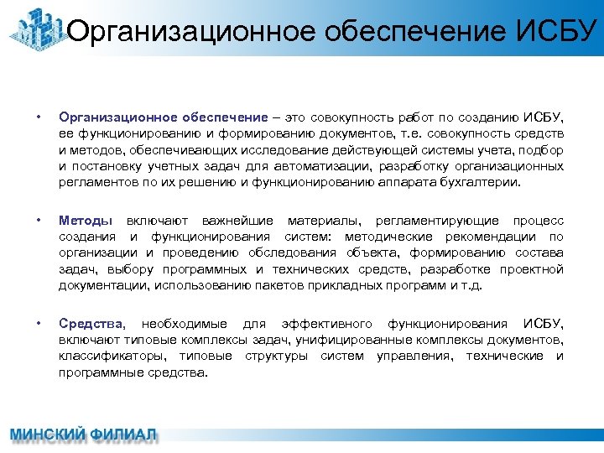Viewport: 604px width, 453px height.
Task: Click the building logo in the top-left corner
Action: point(35,29)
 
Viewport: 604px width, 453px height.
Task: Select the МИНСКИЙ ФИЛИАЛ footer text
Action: point(83,435)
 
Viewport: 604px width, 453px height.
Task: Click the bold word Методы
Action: point(86,221)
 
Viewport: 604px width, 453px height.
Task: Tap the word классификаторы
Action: point(106,357)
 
